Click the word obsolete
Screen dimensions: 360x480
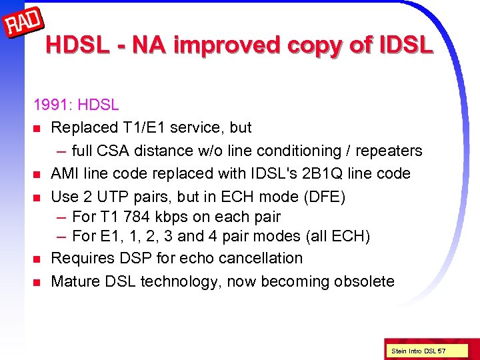(x=362, y=281)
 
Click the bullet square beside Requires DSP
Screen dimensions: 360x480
(x=37, y=259)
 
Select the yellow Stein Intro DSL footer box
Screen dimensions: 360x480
(x=419, y=351)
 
